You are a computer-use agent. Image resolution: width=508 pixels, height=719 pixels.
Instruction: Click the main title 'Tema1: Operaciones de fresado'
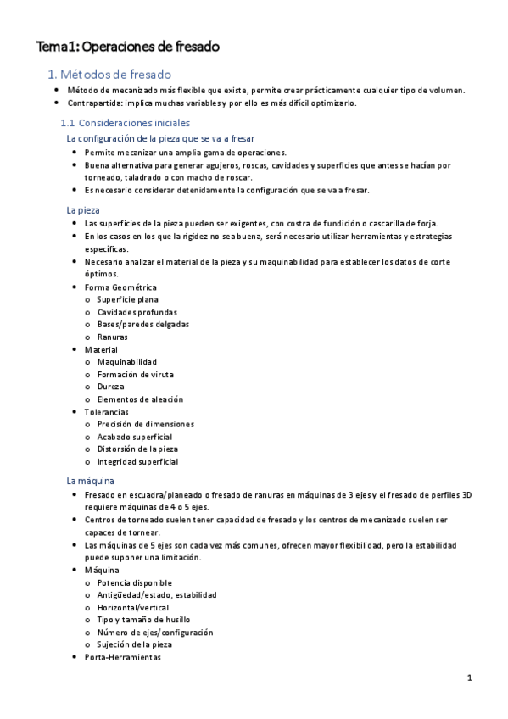click(126, 47)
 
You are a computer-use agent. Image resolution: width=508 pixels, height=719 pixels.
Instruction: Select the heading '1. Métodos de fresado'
click(109, 75)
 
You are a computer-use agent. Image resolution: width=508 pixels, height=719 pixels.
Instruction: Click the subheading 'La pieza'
click(83, 209)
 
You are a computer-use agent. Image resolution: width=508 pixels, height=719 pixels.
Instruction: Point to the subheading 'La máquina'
click(91, 480)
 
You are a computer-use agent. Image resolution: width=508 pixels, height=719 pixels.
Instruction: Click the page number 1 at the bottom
click(469, 678)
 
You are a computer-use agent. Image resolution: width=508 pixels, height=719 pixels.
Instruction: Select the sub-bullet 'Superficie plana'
click(127, 299)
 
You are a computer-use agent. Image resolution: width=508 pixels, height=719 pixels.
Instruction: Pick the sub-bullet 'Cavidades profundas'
click(137, 312)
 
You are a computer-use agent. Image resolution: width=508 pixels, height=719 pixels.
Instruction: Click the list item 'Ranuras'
click(113, 337)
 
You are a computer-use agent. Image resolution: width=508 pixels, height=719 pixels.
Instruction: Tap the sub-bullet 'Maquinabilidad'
click(127, 362)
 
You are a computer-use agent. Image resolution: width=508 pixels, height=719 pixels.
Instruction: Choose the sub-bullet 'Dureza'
click(110, 387)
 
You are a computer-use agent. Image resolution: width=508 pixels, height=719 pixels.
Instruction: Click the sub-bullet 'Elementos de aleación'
click(140, 399)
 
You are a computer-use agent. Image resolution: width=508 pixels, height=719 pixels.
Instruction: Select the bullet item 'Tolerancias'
click(108, 411)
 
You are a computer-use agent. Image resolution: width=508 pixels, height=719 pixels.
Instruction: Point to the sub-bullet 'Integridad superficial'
click(137, 461)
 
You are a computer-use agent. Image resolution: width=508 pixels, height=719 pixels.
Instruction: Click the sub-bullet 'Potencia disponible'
click(134, 582)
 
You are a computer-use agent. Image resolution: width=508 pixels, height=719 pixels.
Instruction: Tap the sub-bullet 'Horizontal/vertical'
click(133, 607)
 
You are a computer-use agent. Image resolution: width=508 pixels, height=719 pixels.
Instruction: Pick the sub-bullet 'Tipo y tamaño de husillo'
click(143, 620)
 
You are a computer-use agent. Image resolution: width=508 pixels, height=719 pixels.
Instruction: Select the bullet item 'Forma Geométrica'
click(120, 287)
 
